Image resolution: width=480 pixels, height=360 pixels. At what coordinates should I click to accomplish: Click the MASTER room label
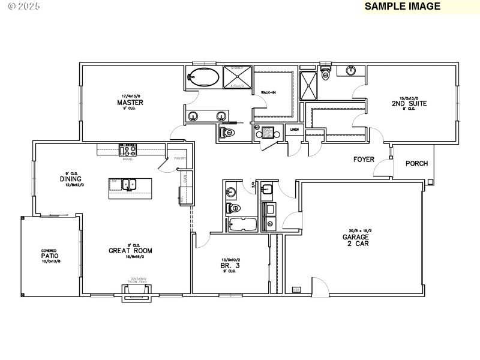[x=130, y=103]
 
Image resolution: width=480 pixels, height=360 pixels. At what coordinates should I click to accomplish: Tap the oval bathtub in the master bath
[x=203, y=77]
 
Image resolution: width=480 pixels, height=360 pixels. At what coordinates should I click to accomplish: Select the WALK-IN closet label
[x=268, y=93]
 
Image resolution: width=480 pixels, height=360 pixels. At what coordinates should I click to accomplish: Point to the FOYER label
[x=364, y=160]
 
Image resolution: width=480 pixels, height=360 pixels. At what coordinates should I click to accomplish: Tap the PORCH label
[x=416, y=163]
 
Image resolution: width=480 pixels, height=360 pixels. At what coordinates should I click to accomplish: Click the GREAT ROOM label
[x=130, y=251]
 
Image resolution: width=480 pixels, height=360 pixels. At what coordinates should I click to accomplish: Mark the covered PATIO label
[x=50, y=256]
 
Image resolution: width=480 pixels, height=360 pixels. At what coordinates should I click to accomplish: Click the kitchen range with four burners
[x=128, y=150]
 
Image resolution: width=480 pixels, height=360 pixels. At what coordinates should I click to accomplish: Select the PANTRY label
[x=181, y=158]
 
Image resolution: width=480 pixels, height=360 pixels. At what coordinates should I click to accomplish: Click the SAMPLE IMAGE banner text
[x=403, y=7]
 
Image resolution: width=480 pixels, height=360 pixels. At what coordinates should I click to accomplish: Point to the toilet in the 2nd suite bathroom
[x=326, y=72]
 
